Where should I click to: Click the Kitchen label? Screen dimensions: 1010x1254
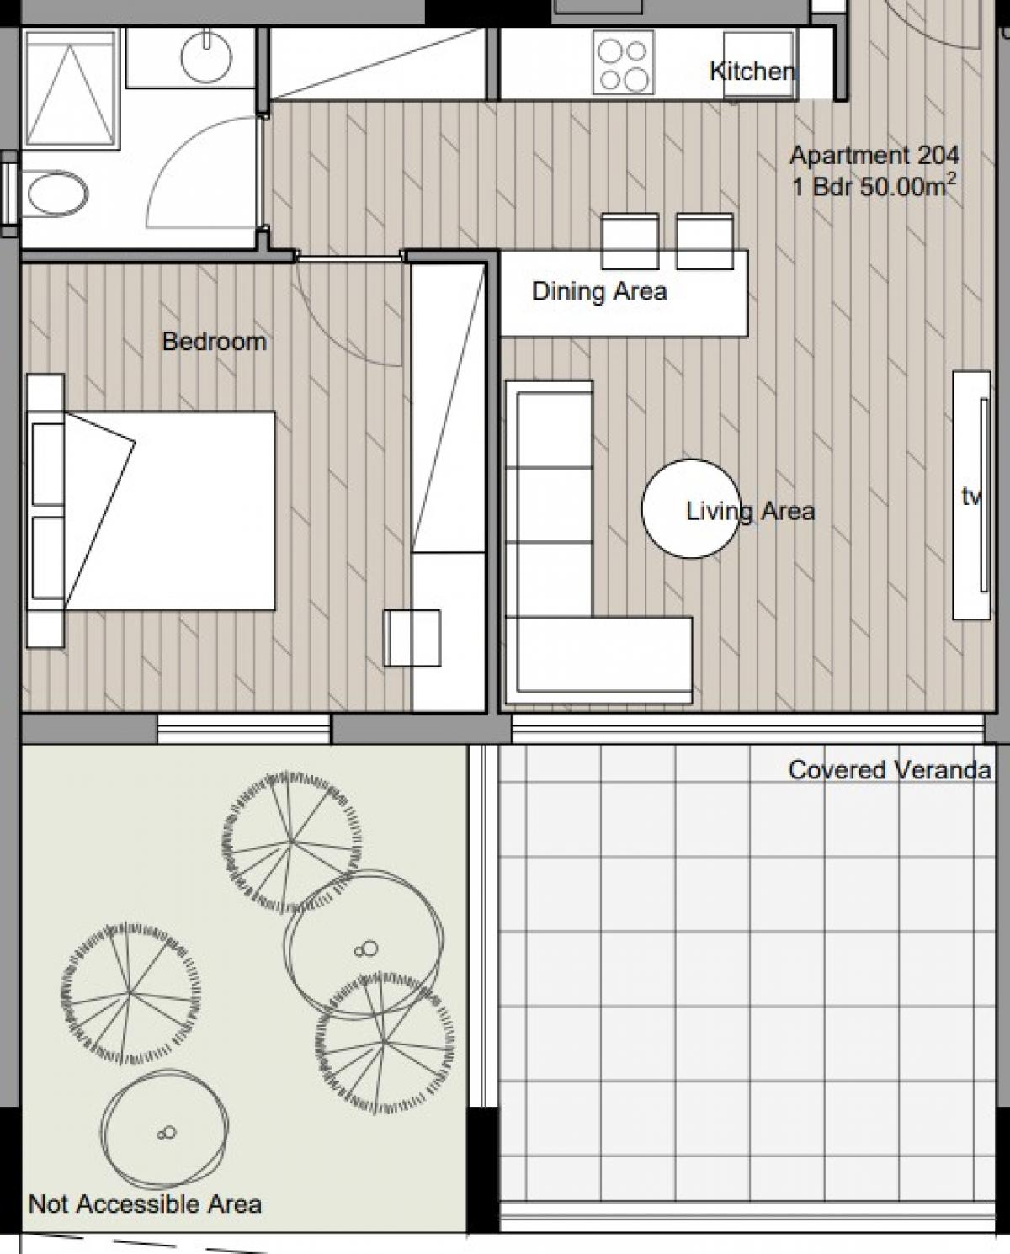752,71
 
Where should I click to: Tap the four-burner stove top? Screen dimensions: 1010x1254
624,62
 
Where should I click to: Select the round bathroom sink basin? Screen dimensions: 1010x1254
206,56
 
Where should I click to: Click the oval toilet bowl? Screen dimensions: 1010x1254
57,193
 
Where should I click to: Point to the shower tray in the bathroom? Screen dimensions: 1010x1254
71,88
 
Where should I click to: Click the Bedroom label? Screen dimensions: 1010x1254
215,342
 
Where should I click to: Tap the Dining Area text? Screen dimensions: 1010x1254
600,291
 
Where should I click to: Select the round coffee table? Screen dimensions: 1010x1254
691,508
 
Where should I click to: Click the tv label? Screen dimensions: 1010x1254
970,497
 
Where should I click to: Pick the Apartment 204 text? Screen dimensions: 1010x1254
874,156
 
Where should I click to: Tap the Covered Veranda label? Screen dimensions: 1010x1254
890,770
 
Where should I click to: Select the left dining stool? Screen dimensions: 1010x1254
630,242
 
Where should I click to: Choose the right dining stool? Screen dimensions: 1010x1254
704,242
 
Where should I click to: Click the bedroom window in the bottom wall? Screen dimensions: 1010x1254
243,728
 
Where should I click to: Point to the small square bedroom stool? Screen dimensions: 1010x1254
412,638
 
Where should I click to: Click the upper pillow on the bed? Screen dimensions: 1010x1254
48,465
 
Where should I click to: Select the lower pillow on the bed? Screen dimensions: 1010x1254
48,558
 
